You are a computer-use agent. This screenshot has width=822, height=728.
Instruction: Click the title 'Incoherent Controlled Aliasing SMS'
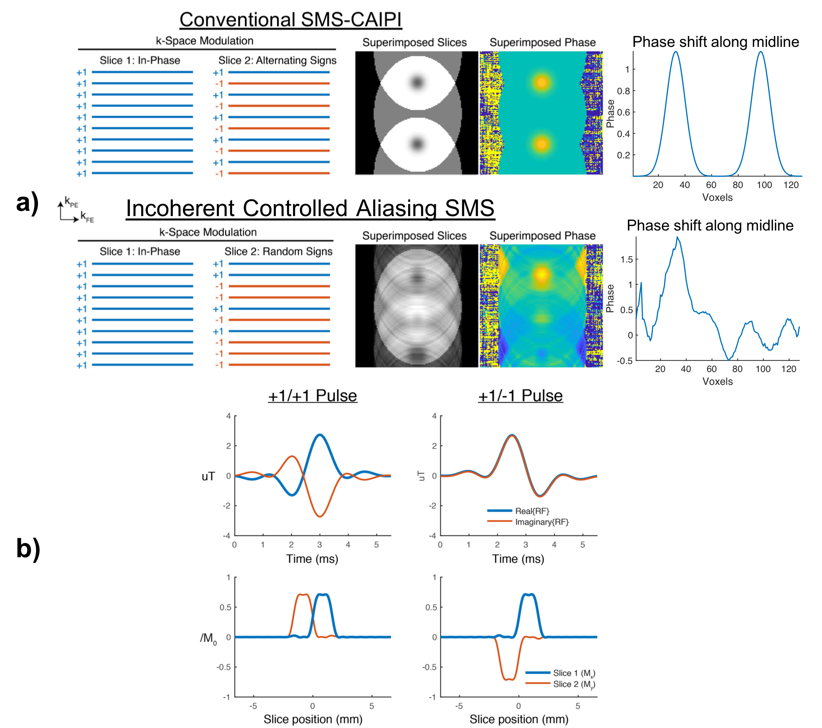click(x=310, y=208)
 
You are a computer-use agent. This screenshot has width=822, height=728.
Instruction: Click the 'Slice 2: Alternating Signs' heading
click(x=277, y=60)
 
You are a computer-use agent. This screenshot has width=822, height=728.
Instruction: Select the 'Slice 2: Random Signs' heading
click(x=278, y=252)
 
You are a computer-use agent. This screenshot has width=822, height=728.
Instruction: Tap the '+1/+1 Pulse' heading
click(x=312, y=396)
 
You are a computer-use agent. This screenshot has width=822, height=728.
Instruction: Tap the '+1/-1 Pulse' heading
click(x=520, y=396)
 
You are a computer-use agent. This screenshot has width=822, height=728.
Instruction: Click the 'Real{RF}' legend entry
click(x=532, y=511)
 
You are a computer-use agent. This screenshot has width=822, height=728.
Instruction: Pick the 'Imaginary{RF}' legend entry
click(x=542, y=522)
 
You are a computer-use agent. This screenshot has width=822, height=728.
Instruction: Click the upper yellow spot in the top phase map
click(x=542, y=83)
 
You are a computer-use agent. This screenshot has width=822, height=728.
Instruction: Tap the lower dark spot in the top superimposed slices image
click(x=417, y=144)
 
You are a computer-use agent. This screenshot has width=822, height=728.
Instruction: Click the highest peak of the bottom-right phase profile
click(x=678, y=238)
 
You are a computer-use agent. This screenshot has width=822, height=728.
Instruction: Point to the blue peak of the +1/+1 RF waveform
click(x=320, y=435)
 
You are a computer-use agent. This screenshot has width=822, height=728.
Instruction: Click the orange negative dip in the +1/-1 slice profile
click(x=509, y=679)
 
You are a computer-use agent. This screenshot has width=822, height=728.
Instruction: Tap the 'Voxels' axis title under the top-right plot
click(x=717, y=197)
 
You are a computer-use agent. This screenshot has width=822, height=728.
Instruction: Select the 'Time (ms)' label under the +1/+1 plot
click(x=312, y=559)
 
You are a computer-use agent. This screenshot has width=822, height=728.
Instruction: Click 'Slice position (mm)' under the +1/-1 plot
click(x=519, y=719)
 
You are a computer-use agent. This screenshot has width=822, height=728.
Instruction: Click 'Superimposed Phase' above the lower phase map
click(x=542, y=236)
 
